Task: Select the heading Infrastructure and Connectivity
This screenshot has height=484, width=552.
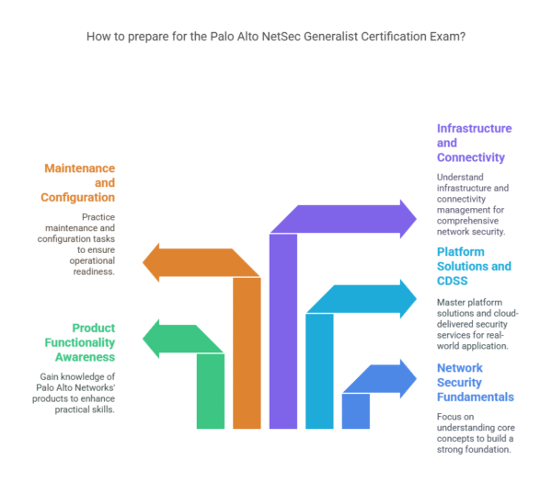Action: (474, 143)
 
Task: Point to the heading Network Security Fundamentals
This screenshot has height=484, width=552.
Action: (475, 382)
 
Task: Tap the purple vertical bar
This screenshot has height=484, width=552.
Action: (283, 331)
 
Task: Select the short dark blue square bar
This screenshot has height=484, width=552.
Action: (356, 410)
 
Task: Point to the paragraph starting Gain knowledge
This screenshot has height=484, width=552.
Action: (81, 393)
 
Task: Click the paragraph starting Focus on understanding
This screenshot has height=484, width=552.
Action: (475, 433)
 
